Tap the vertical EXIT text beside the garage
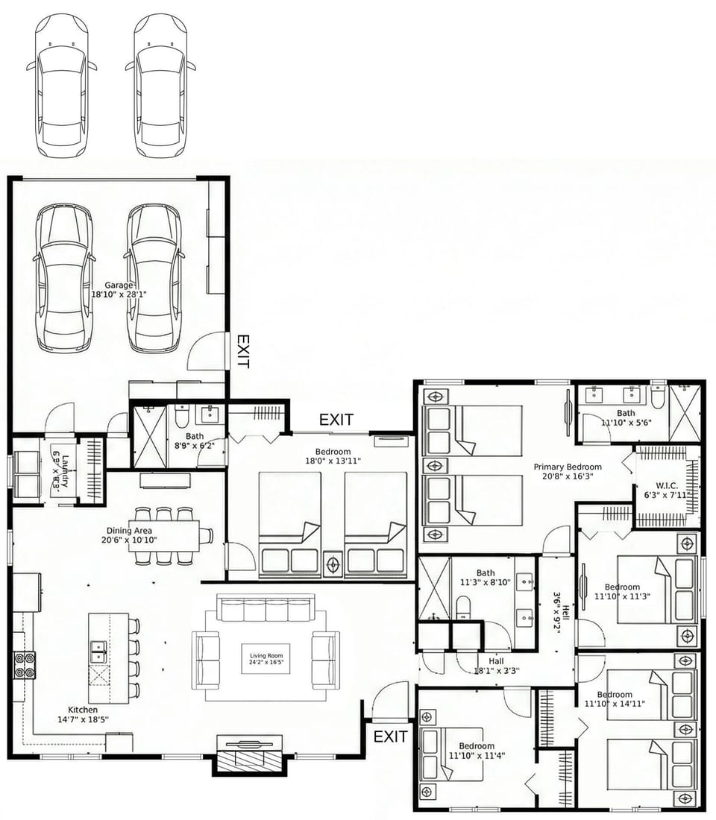pyautogui.click(x=242, y=351)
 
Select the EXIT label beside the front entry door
pyautogui.click(x=390, y=737)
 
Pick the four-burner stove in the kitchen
pyautogui.click(x=24, y=664)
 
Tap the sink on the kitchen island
pyautogui.click(x=98, y=651)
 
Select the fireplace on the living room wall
pyautogui.click(x=249, y=753)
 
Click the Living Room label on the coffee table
pyautogui.click(x=266, y=658)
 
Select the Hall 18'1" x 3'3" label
pyautogui.click(x=497, y=666)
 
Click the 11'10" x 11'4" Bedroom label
pyautogui.click(x=477, y=751)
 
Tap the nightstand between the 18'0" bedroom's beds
pyautogui.click(x=333, y=561)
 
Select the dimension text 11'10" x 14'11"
pyautogui.click(x=615, y=703)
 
